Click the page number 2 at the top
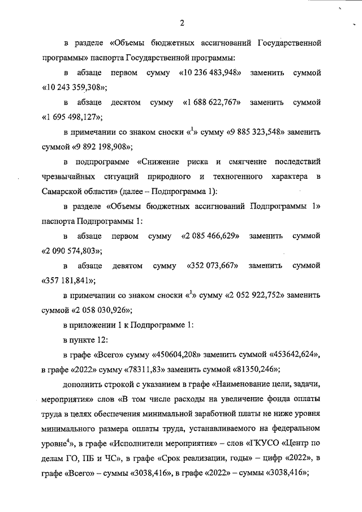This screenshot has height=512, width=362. point(181,23)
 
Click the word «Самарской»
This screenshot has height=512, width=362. point(61,191)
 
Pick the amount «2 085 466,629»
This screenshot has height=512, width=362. point(210,235)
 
